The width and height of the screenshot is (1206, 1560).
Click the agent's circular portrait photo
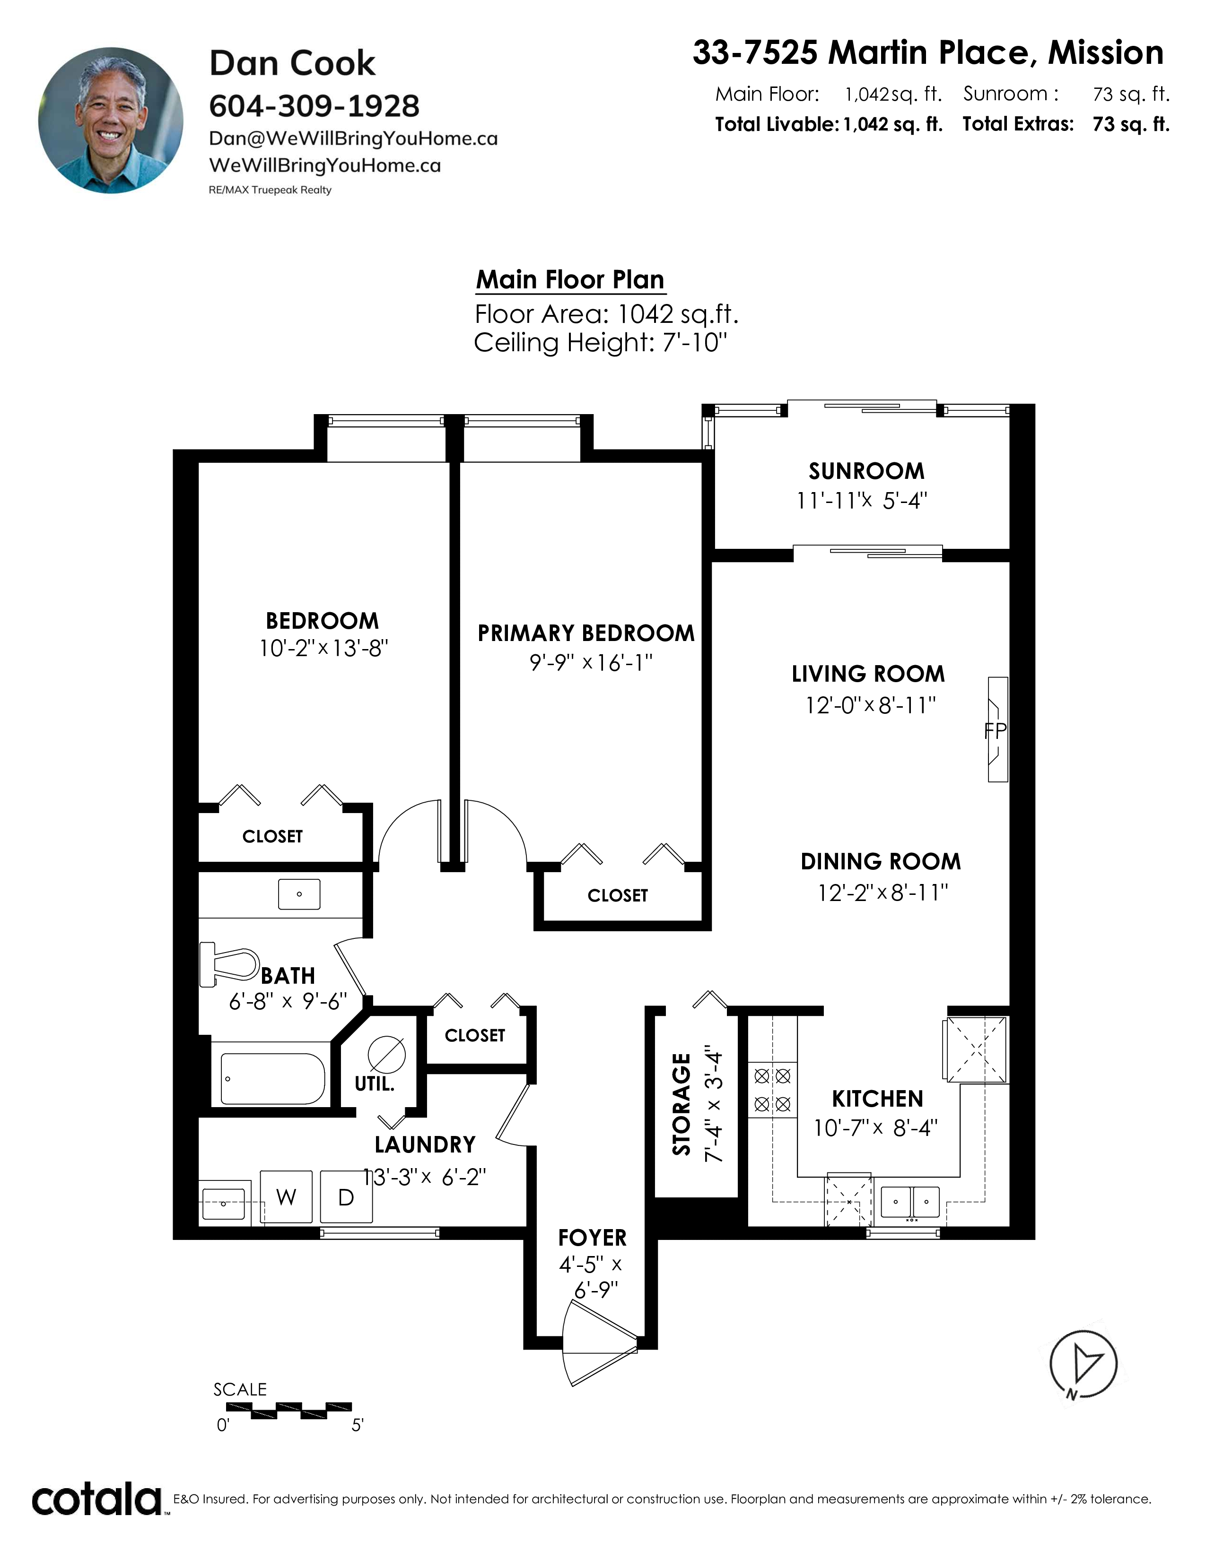111,120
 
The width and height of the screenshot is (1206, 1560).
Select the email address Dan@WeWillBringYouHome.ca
353,139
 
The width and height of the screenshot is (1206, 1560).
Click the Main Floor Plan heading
570,279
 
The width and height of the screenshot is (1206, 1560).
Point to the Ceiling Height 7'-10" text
600,343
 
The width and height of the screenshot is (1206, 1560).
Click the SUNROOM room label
866,471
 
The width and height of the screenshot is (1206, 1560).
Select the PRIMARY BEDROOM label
586,633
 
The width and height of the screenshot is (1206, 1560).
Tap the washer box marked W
286,1197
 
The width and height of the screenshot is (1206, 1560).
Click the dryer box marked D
346,1197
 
